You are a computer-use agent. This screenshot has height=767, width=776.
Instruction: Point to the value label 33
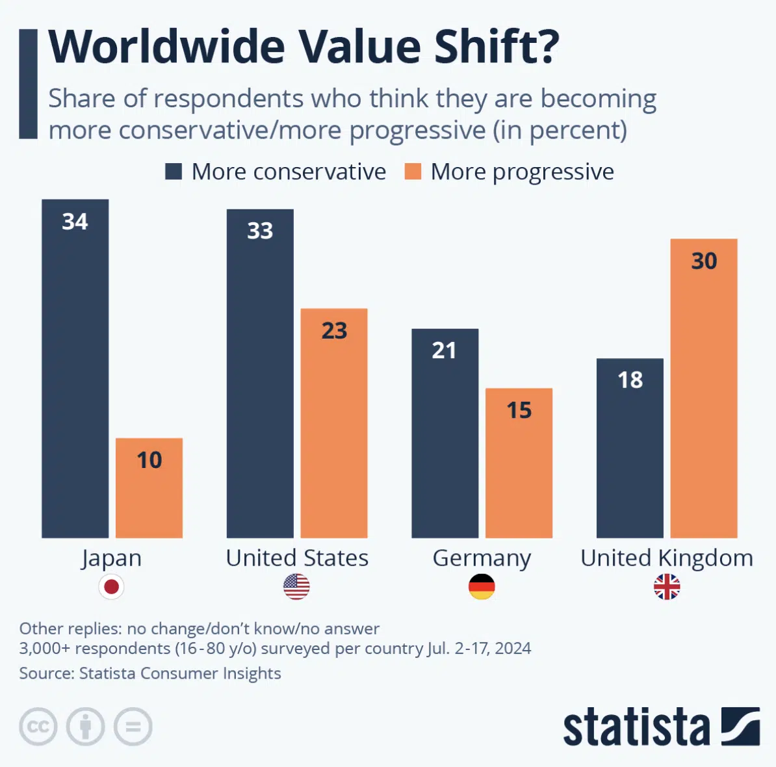260,231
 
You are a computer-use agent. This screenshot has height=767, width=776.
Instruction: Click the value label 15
519,411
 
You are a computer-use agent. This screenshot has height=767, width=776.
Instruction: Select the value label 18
630,380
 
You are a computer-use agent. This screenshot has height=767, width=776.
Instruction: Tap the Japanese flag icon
111,587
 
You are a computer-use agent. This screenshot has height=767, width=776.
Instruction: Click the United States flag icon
296,587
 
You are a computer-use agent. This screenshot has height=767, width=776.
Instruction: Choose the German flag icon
482,587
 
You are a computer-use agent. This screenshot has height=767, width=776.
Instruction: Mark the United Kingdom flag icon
667,587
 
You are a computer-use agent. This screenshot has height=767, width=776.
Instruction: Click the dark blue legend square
174,172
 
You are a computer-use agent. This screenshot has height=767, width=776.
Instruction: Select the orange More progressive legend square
413,172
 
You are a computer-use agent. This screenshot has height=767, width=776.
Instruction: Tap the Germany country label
482,558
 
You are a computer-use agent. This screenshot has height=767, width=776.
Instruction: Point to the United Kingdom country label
667,558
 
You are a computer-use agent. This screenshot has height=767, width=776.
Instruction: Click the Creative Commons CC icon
38,726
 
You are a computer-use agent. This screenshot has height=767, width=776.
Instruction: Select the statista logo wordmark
636,727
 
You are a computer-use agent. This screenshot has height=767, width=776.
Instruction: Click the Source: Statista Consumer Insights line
150,673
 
